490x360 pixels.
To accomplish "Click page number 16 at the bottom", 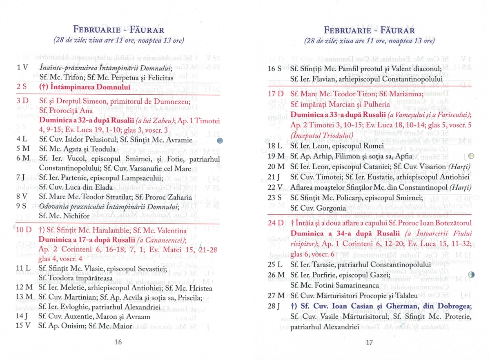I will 118,342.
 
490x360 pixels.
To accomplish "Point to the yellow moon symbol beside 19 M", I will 471,156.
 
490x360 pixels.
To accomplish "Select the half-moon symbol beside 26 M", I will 471,275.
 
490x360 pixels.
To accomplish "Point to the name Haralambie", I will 110,230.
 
